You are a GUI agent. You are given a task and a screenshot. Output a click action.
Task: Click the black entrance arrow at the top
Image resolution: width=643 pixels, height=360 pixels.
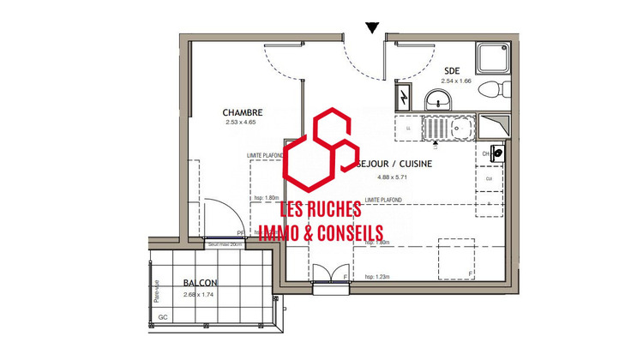click(x=370, y=27)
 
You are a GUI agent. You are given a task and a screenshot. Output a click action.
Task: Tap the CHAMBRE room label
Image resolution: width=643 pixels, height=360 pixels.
click(x=243, y=112)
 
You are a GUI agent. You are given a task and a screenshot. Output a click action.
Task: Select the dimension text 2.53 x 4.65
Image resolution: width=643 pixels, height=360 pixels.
click(x=243, y=123)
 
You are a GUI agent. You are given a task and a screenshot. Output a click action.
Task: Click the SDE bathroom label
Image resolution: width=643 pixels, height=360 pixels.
click(x=451, y=71)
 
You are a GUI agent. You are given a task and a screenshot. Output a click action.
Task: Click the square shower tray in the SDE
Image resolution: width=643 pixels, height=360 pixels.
click(x=495, y=57)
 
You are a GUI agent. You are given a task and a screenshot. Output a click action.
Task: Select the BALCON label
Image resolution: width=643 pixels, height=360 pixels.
click(x=200, y=284)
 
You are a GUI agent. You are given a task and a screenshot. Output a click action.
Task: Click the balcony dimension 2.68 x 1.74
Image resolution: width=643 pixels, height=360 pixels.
click(x=200, y=295)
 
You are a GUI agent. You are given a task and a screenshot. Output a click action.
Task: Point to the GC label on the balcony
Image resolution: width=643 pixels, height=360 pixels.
click(x=163, y=317)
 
